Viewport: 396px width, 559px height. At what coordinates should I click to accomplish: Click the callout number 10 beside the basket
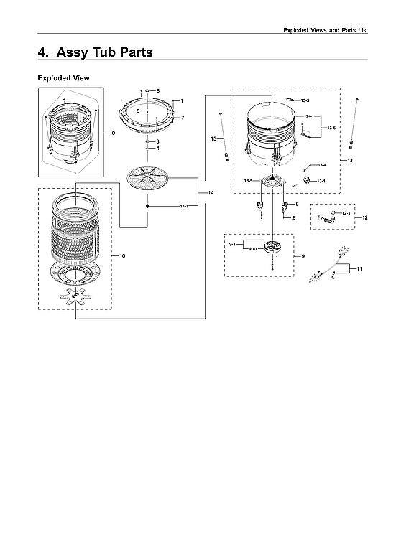tap(122, 256)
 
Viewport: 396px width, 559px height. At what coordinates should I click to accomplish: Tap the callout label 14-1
tap(184, 206)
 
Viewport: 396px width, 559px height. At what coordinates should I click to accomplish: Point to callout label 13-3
tap(305, 100)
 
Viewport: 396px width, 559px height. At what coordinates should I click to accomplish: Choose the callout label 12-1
tap(345, 213)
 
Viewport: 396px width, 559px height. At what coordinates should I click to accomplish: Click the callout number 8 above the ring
tap(158, 90)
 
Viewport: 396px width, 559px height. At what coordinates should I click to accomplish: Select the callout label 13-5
tap(248, 181)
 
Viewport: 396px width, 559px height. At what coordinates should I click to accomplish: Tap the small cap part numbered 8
tap(147, 91)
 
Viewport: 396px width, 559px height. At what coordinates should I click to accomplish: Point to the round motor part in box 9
tap(273, 250)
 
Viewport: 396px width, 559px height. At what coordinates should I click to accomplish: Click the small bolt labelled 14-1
tap(147, 205)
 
